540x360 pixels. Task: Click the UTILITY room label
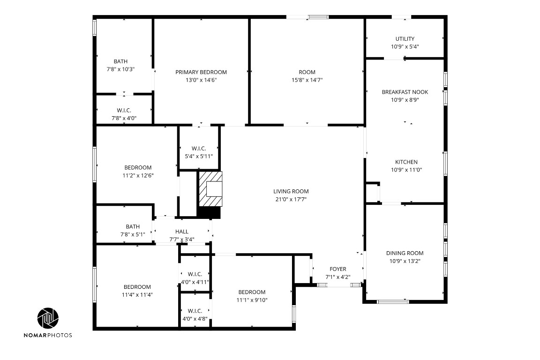click(405, 39)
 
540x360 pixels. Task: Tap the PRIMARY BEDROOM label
click(201, 72)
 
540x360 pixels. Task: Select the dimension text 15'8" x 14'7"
click(307, 80)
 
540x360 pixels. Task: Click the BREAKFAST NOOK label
click(405, 92)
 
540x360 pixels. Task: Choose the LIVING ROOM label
click(291, 191)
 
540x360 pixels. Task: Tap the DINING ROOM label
click(405, 253)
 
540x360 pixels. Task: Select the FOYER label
click(338, 269)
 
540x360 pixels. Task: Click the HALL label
click(182, 232)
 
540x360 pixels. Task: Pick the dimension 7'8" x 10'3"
click(120, 69)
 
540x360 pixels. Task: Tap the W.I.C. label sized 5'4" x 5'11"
click(199, 149)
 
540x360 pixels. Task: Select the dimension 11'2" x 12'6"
click(138, 175)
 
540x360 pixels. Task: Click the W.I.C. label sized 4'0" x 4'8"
click(195, 311)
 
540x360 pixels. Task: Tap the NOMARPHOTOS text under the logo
click(49, 335)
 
